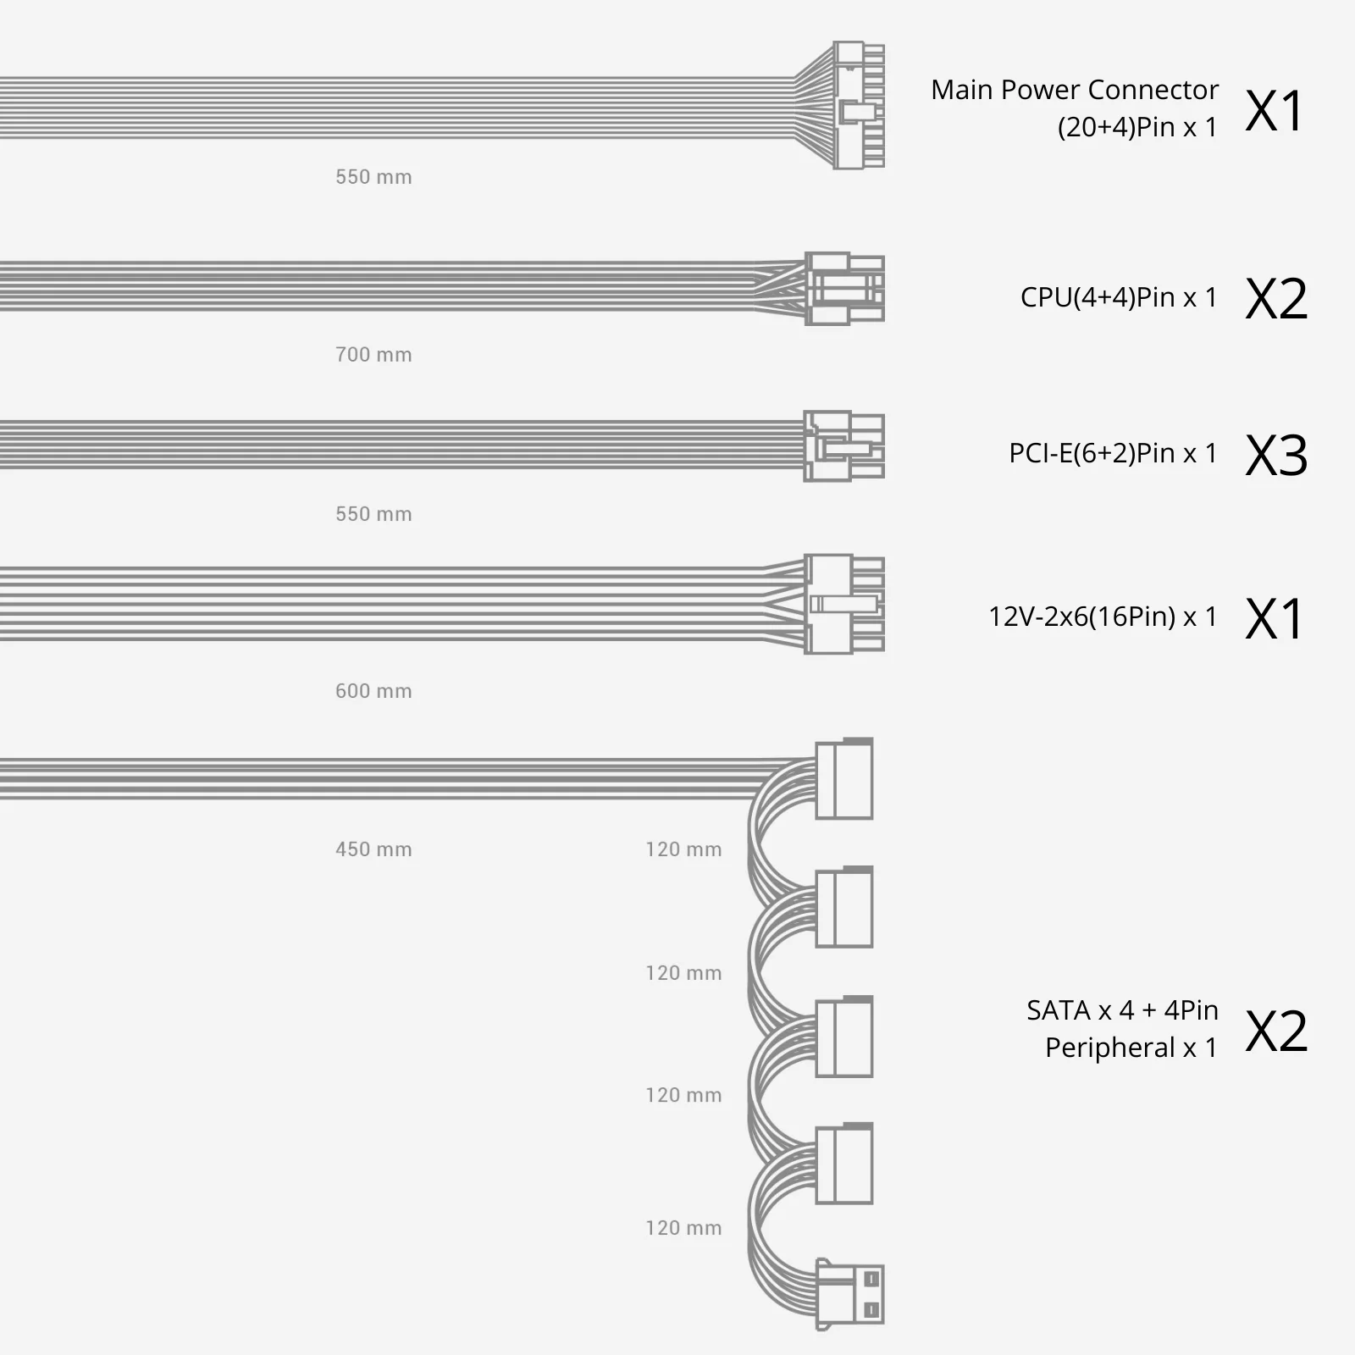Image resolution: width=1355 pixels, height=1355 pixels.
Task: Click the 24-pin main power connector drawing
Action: point(857,105)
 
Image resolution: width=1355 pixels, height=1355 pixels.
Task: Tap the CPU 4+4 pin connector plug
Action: point(843,289)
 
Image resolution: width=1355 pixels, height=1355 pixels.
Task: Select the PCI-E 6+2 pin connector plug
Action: point(843,446)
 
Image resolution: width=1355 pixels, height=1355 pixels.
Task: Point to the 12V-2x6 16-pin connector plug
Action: point(843,604)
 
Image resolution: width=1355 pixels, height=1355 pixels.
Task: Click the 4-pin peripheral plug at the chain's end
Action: point(849,1293)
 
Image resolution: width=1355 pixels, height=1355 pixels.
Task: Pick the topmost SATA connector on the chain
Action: point(843,779)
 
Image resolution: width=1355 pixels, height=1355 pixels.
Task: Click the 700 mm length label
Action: point(373,355)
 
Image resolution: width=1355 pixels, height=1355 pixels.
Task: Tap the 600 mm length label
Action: point(373,691)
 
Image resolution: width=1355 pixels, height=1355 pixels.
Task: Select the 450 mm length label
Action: point(373,849)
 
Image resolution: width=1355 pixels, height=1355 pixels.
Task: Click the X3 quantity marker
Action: point(1276,456)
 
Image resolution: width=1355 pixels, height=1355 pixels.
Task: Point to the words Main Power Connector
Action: point(1074,90)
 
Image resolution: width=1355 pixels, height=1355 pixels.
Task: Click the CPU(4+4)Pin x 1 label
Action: point(1118,297)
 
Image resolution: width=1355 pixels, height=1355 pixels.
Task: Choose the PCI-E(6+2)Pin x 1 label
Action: point(1112,453)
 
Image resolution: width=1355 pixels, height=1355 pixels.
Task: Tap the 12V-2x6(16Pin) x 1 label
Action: point(1102,617)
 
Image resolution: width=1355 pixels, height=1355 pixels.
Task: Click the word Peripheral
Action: point(1109,1048)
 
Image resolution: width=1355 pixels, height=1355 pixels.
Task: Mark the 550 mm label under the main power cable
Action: point(373,177)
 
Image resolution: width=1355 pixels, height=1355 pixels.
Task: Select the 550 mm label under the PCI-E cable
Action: point(373,514)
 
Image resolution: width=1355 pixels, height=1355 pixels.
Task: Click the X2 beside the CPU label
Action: point(1276,299)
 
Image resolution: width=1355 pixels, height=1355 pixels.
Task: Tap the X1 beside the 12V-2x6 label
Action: point(1274,619)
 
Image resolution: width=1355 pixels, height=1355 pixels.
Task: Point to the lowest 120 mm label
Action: point(683,1228)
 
